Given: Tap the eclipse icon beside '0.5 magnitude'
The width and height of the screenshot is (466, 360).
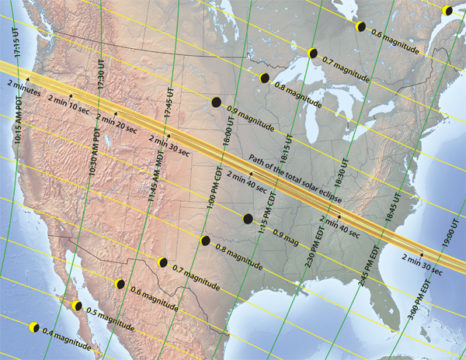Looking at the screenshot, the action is [x=77, y=306].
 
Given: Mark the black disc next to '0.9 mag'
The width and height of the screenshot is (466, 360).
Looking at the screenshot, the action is [x=248, y=219].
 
